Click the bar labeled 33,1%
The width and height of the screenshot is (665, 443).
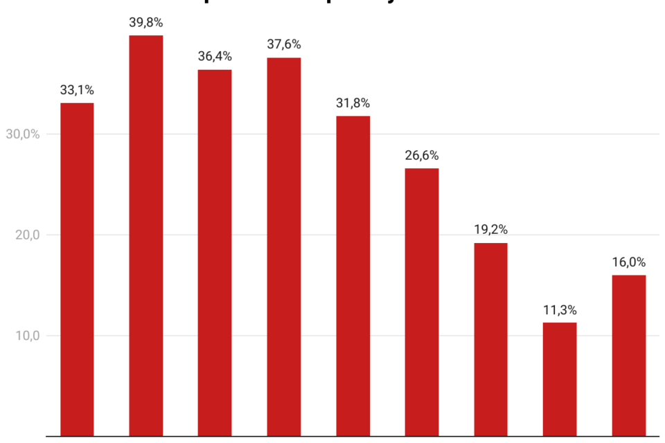tap(77, 269)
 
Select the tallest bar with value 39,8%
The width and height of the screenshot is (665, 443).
tap(146, 235)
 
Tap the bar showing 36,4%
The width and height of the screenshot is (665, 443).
tap(215, 253)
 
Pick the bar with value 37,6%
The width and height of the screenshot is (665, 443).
tap(284, 246)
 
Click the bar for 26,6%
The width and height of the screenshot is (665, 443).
tap(422, 302)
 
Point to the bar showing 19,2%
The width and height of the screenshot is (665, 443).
tap(490, 339)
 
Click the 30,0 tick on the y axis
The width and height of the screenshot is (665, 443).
tap(22, 134)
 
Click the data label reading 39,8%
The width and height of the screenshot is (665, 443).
tap(146, 23)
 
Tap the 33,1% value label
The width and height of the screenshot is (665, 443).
tap(77, 90)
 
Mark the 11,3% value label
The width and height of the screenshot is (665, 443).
tap(560, 310)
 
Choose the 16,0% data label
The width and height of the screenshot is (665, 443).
tap(629, 262)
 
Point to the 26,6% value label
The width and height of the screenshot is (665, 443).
tap(422, 156)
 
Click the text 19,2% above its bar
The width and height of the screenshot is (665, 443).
tap(490, 230)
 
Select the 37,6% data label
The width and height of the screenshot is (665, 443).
tap(284, 45)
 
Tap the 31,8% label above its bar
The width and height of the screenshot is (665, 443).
tap(353, 103)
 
